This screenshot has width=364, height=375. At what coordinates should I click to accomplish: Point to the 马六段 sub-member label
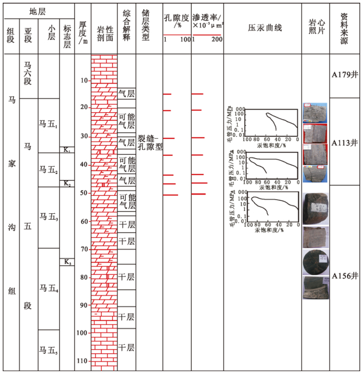(x=28, y=73)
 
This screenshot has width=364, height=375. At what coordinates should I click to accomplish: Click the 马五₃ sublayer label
(x=49, y=218)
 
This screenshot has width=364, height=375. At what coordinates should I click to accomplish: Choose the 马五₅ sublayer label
(x=49, y=350)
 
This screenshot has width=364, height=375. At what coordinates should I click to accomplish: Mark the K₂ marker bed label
(x=67, y=184)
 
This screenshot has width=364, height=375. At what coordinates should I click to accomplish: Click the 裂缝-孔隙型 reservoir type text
(x=150, y=142)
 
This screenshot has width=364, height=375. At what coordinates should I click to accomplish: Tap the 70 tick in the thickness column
(x=84, y=249)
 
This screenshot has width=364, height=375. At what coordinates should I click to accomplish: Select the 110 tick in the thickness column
(x=83, y=361)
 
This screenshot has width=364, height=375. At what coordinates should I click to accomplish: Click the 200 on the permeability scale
(x=216, y=40)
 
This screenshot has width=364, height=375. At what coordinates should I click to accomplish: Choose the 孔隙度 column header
(x=177, y=21)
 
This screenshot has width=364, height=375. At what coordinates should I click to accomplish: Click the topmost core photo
(x=314, y=113)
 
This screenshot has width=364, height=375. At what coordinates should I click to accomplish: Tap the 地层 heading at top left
(x=38, y=11)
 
